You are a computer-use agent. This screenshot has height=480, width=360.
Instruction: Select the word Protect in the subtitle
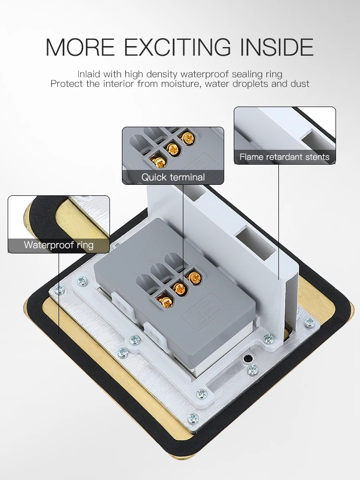[x=66, y=84]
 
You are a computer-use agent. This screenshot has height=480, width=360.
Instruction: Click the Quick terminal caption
[x=173, y=177]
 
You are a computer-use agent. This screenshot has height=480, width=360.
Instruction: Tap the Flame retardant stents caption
[x=285, y=157]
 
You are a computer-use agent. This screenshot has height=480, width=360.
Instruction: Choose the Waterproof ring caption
[x=59, y=245]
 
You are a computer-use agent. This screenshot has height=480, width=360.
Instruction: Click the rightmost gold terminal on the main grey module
[x=194, y=277]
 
